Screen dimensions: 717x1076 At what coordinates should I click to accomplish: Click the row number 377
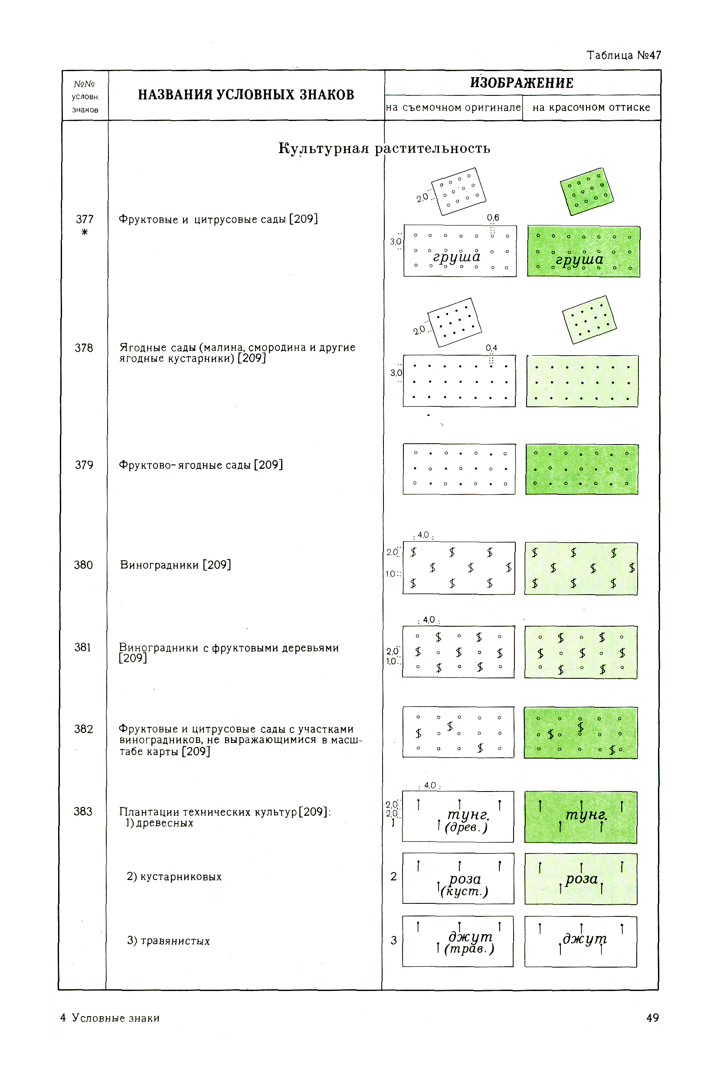[85, 219]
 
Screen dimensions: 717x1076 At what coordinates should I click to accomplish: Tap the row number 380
[83, 565]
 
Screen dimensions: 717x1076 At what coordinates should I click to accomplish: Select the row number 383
[83, 811]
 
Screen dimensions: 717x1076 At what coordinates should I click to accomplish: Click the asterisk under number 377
[85, 232]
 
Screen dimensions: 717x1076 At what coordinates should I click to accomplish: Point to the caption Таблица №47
[624, 56]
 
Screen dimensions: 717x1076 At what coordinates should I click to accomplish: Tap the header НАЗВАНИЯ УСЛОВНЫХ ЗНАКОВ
[246, 95]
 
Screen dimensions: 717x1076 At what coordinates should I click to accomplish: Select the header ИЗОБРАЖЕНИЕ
[522, 83]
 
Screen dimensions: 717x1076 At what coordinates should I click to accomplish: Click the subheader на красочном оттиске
[591, 108]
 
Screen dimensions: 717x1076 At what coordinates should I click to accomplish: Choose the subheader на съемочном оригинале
[453, 108]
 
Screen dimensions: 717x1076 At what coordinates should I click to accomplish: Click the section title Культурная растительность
[384, 149]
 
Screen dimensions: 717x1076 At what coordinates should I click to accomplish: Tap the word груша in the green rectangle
[579, 260]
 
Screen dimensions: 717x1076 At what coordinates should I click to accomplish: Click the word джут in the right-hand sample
[585, 939]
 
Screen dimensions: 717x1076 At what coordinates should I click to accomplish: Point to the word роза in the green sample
[582, 879]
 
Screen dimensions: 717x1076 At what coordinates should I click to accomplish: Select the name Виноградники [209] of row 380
[176, 565]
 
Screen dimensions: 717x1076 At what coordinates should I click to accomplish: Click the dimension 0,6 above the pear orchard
[493, 218]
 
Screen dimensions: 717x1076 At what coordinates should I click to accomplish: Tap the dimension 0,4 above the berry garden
[491, 348]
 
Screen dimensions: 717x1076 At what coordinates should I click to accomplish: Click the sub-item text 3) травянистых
[169, 941]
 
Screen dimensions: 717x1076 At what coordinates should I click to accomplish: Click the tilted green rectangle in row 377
[587, 192]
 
